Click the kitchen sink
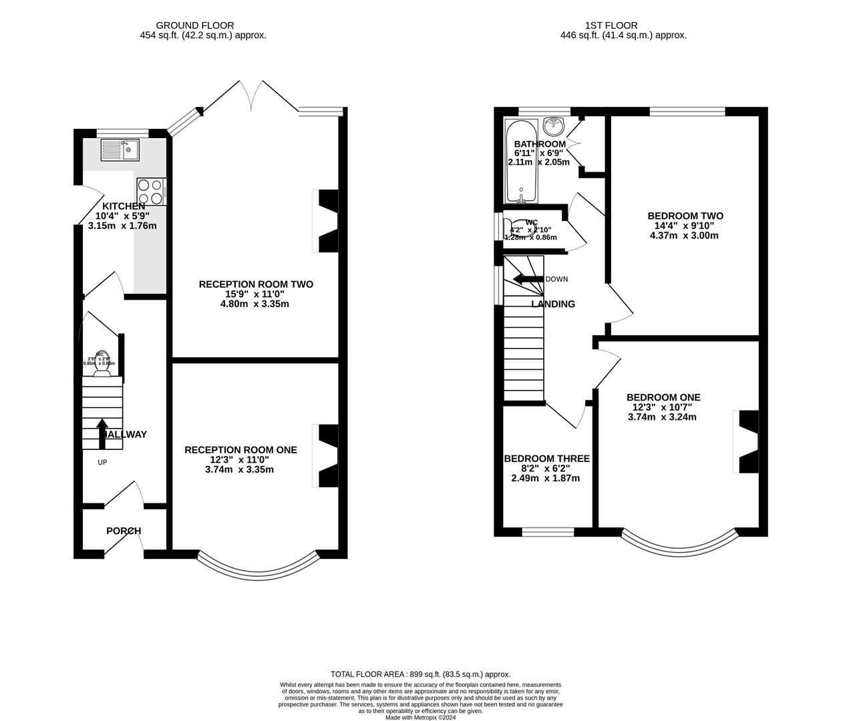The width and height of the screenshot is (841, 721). coord(120,150)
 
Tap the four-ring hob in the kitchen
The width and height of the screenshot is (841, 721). coord(152,191)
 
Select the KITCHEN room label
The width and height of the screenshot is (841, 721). coord(123,206)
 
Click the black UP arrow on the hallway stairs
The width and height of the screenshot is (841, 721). coord(102,433)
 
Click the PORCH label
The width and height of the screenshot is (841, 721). coord(124,531)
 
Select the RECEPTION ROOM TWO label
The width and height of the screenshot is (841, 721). coord(256,284)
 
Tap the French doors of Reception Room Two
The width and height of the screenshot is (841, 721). coord(251,97)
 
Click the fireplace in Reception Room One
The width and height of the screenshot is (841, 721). coord(327,456)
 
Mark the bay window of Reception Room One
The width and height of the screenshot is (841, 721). coord(259,563)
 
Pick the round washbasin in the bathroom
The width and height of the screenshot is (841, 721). coord(553,126)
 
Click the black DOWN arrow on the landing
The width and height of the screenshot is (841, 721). coord(528,279)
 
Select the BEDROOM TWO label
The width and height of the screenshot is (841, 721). coord(685,216)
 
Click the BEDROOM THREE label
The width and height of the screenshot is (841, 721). coord(546,459)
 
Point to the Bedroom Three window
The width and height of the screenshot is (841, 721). coord(548,532)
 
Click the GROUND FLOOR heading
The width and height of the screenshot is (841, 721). coord(204,25)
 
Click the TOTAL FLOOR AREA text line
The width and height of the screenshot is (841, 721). coord(420,674)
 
